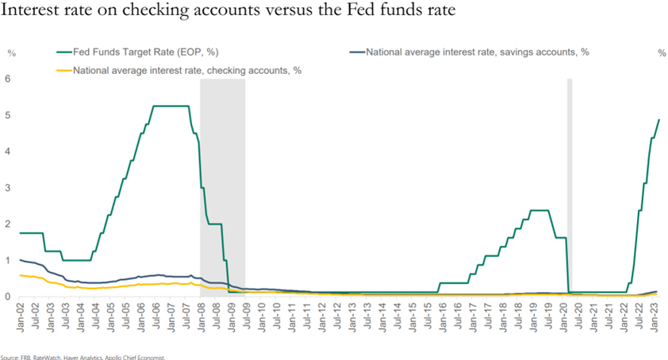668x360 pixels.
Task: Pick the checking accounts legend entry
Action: tap(186, 70)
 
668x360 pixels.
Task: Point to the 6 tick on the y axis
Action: tap(8, 79)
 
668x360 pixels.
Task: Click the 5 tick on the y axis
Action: tap(8, 115)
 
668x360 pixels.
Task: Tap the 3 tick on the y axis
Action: tap(8, 188)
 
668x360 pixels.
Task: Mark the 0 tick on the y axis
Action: tap(8, 297)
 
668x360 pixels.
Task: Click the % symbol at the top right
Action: tap(662, 53)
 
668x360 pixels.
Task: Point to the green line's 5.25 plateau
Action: tap(170, 106)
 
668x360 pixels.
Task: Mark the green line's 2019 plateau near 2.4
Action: tap(539, 210)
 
